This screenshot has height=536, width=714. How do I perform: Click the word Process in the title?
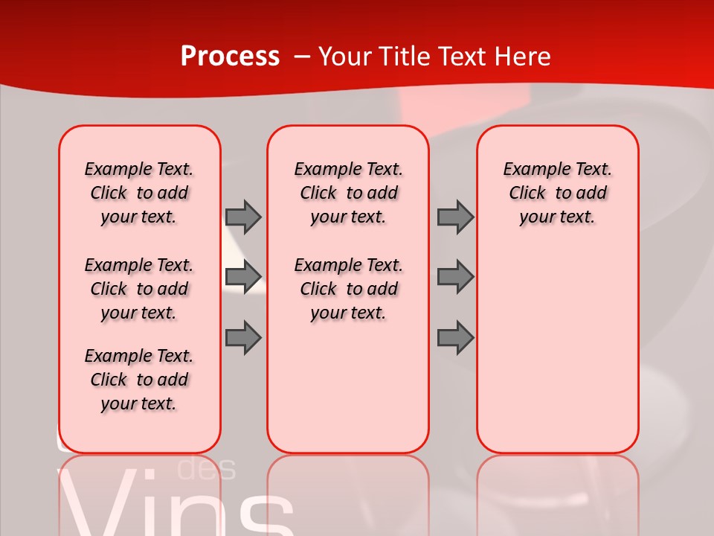click(x=230, y=57)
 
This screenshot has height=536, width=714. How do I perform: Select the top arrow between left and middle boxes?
click(x=243, y=217)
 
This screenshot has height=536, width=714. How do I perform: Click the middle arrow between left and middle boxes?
click(x=243, y=277)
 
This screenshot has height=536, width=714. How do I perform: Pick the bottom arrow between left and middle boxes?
click(x=243, y=337)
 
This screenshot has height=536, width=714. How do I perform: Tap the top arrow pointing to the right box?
click(x=455, y=217)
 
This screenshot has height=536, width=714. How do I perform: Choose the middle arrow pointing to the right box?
click(x=455, y=277)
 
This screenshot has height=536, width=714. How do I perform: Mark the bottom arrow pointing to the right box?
click(x=455, y=337)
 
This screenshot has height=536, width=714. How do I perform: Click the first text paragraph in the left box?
click(x=139, y=193)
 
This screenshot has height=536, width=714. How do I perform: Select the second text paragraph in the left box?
click(x=139, y=289)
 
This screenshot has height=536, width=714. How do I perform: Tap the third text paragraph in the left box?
click(x=139, y=380)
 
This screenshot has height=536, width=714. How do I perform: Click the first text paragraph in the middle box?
click(x=349, y=193)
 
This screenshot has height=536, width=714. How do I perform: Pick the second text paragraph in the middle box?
click(x=349, y=289)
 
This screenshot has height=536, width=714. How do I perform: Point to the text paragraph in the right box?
click(x=558, y=193)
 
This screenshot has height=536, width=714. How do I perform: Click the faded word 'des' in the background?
click(x=208, y=469)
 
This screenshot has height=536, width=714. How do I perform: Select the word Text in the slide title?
click(x=457, y=57)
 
